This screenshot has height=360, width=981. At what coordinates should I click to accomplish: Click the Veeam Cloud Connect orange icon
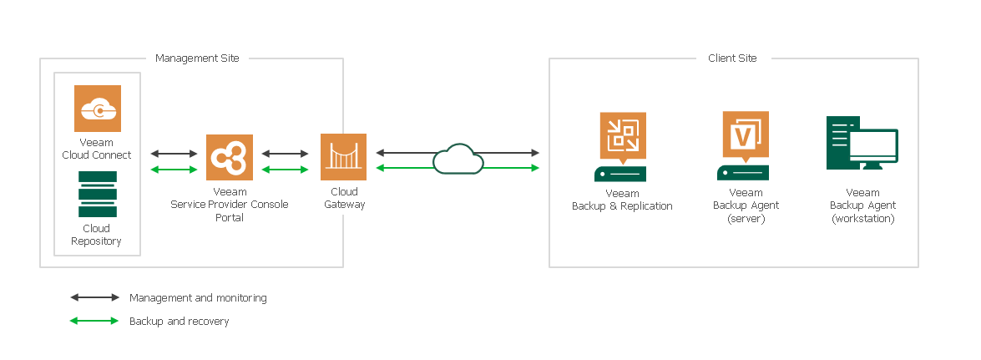click(98, 109)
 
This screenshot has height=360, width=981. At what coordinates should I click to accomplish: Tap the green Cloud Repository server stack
click(97, 194)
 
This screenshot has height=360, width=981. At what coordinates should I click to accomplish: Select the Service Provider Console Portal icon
click(229, 157)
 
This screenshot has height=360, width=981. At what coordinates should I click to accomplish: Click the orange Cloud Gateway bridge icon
click(344, 157)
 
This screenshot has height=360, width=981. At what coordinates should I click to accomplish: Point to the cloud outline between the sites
click(458, 159)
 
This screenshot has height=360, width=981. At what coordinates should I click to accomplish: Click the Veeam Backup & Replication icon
click(623, 135)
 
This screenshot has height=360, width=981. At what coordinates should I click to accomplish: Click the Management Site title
click(197, 58)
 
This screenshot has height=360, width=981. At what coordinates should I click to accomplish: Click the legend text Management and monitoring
click(198, 297)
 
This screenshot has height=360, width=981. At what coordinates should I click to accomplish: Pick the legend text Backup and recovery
click(179, 321)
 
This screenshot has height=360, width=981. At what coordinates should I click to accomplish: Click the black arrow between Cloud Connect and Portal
click(173, 154)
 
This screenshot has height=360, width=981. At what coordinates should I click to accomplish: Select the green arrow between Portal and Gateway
click(286, 170)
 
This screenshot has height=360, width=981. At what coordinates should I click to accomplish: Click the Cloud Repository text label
click(97, 235)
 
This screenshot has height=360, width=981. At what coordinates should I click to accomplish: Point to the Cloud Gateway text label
click(344, 198)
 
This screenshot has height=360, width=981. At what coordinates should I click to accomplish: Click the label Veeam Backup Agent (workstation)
click(862, 205)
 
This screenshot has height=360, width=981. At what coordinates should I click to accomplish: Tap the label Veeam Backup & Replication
click(622, 200)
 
